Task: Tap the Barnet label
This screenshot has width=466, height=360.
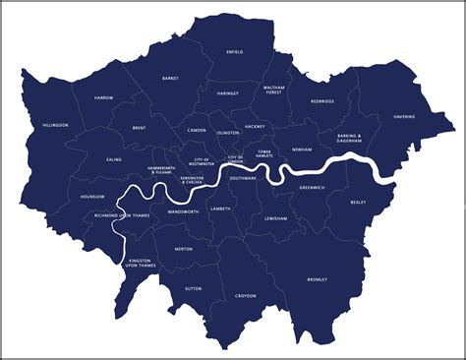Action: [170, 77]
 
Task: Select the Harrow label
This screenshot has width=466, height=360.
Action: [103, 98]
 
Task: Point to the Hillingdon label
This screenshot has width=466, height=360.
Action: [56, 126]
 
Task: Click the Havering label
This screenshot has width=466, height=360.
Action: [404, 116]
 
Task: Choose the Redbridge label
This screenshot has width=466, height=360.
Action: [322, 100]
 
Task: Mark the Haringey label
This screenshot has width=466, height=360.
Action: [227, 93]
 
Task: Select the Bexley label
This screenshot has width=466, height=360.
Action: [357, 203]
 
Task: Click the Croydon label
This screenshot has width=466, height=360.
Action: [245, 295]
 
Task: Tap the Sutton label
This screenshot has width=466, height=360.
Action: [193, 289]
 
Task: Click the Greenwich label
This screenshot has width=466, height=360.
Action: [312, 187]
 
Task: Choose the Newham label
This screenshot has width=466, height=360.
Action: [301, 150]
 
